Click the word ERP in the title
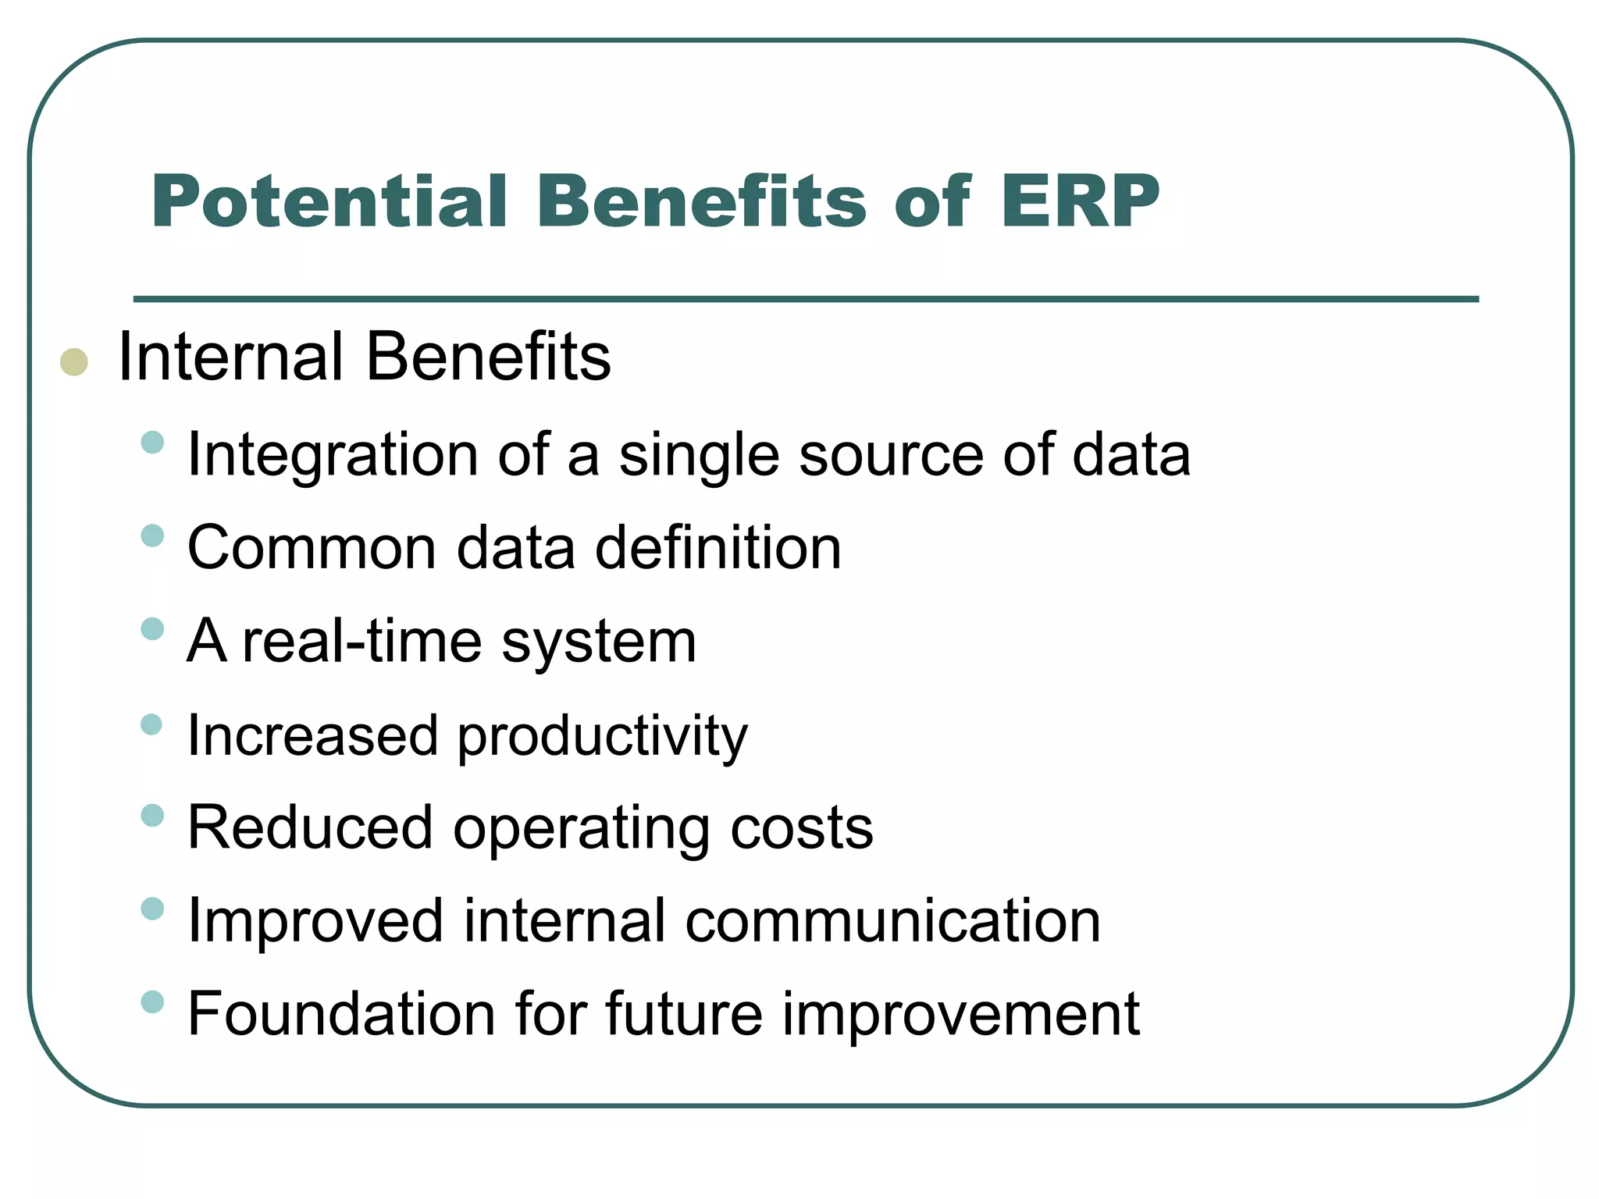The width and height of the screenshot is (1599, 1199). [1080, 201]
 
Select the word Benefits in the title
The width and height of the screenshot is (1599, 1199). [701, 201]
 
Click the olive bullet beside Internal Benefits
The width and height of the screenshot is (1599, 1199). [74, 362]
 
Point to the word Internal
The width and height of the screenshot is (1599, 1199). [230, 357]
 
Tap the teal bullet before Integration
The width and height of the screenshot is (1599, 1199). [153, 443]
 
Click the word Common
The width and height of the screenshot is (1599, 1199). [312, 548]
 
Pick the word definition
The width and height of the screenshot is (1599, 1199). [718, 548]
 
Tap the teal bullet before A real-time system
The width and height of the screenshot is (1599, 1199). [153, 628]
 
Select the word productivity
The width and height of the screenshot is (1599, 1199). [602, 737]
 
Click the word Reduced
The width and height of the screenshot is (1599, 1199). [310, 827]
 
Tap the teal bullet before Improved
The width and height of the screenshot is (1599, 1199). [153, 909]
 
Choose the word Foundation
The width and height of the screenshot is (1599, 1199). [342, 1013]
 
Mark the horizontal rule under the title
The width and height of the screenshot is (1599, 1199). [806, 299]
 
